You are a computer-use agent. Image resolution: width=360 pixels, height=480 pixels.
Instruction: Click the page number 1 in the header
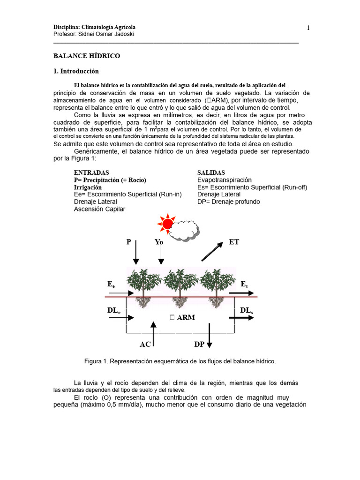[x=308, y=28]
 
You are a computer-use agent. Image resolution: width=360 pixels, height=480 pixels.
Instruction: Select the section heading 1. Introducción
[x=76, y=71]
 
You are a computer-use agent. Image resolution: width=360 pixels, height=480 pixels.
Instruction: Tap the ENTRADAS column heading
[x=91, y=173]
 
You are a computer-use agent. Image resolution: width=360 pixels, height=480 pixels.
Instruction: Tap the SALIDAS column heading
[x=211, y=173]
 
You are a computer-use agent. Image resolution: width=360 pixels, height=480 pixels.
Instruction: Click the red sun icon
[x=167, y=223]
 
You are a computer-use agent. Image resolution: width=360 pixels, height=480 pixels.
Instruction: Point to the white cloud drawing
[x=184, y=230]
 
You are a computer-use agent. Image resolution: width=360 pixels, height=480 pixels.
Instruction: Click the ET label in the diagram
[x=234, y=242]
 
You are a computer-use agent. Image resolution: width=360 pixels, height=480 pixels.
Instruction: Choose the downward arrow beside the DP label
[x=210, y=336]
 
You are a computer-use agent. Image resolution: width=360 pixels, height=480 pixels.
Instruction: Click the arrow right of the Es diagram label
[x=241, y=293]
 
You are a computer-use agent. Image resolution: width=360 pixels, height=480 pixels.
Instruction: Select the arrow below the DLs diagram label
[x=241, y=318]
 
